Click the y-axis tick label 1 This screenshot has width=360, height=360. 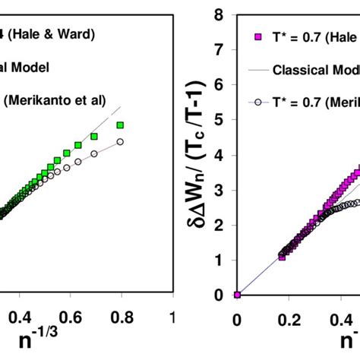click(220, 260)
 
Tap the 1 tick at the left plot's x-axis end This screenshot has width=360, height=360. click(172, 315)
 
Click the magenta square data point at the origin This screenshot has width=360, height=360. click(237, 295)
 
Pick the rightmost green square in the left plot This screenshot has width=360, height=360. click(121, 125)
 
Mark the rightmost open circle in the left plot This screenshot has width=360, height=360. click(120, 141)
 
